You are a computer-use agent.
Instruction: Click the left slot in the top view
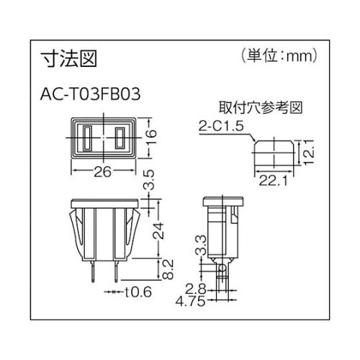click(88, 139)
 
